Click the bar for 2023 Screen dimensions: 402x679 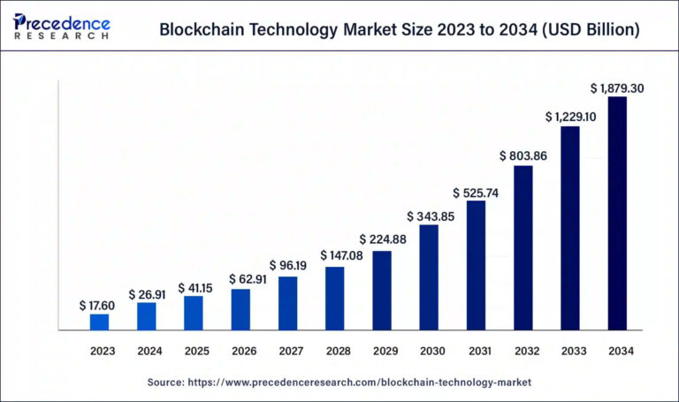click(x=100, y=322)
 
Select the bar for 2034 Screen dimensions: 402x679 click(x=617, y=213)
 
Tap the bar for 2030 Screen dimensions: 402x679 click(x=429, y=277)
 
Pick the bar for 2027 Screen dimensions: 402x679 click(x=288, y=303)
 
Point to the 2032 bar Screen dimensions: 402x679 click(x=523, y=247)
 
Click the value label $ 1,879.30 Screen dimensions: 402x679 click(x=617, y=87)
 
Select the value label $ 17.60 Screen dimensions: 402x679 click(x=100, y=305)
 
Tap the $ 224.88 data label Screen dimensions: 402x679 click(x=382, y=239)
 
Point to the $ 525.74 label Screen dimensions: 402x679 click(x=476, y=193)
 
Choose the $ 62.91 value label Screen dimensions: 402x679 click(x=240, y=279)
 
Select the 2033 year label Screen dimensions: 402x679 click(x=572, y=351)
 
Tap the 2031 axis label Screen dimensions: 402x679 click(x=478, y=351)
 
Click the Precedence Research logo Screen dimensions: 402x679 click(x=62, y=27)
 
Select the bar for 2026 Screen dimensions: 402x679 click(x=240, y=309)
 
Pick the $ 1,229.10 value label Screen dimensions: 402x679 click(x=570, y=117)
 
